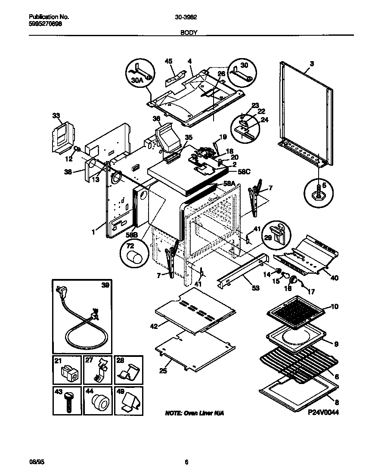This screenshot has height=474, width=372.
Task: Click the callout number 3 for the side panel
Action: coord(312,63)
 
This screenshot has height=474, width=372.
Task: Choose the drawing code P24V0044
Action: coord(323,412)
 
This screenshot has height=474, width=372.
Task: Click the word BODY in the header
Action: coord(186,32)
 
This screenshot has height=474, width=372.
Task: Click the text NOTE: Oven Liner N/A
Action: coord(195,413)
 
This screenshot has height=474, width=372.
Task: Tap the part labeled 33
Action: coord(60,136)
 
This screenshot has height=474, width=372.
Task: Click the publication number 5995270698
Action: coord(45,25)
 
